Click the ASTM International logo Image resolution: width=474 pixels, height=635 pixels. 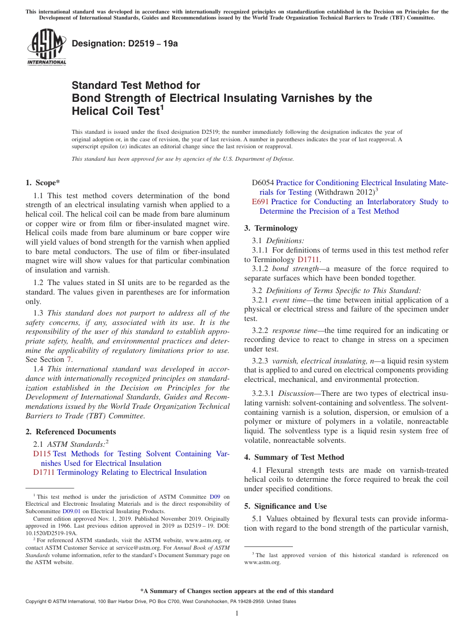pyautogui.click(x=46, y=46)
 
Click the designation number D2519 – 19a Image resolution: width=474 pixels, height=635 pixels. pyautogui.click(x=125, y=43)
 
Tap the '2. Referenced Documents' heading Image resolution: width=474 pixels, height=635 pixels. pyautogui.click(x=70, y=432)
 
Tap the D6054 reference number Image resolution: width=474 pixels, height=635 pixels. pyautogui.click(x=262, y=183)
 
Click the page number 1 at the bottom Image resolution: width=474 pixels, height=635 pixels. pyautogui.click(x=237, y=613)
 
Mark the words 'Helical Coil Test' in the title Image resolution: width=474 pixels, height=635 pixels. pyautogui.click(x=115, y=111)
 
